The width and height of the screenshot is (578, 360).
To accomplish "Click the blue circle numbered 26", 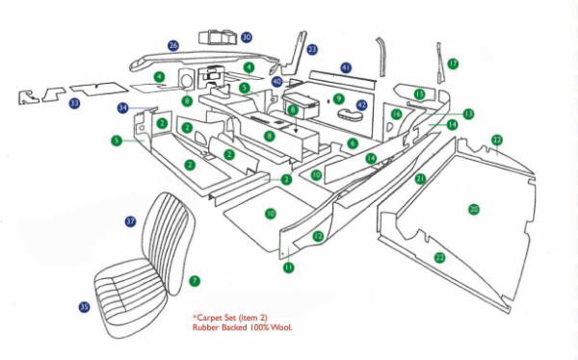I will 173,45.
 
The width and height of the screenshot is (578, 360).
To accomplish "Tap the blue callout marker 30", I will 247,37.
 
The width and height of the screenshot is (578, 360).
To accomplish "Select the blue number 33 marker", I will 74,103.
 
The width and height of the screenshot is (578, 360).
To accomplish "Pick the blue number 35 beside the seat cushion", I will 84,307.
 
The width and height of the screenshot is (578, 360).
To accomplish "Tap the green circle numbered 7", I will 195,281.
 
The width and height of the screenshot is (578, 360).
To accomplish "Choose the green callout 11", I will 287,268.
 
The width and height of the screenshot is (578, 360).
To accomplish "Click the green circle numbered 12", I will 318,236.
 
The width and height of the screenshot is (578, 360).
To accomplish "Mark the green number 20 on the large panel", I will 473,209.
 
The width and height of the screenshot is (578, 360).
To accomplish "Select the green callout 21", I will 420,179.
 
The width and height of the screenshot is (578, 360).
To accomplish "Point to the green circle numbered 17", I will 453,64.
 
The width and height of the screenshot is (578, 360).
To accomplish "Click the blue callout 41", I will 346,68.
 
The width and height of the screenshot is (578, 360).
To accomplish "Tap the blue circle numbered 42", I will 361,104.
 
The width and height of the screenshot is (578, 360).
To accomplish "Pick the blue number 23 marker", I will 311,49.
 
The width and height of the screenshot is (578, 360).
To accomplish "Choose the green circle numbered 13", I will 467,114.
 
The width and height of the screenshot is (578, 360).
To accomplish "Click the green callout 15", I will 419,93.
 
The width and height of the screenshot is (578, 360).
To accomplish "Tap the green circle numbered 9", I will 338,98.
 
